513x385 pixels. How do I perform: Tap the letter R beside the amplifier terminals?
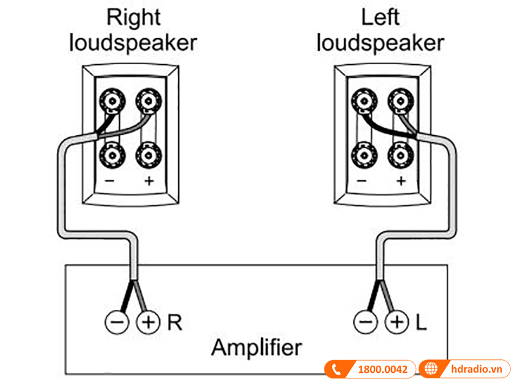174,321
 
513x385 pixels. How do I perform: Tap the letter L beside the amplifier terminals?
421,321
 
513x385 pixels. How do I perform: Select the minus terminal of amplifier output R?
117,321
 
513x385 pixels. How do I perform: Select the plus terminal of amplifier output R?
148,321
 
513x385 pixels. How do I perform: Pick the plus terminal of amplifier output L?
396,321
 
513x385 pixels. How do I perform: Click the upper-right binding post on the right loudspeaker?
147,101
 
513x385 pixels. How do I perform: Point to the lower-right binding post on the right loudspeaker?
147,154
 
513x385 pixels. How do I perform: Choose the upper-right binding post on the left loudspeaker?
400,101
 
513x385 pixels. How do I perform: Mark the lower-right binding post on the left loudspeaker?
400,154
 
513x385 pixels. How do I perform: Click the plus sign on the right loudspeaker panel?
149,181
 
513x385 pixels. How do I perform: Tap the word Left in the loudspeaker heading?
380,17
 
